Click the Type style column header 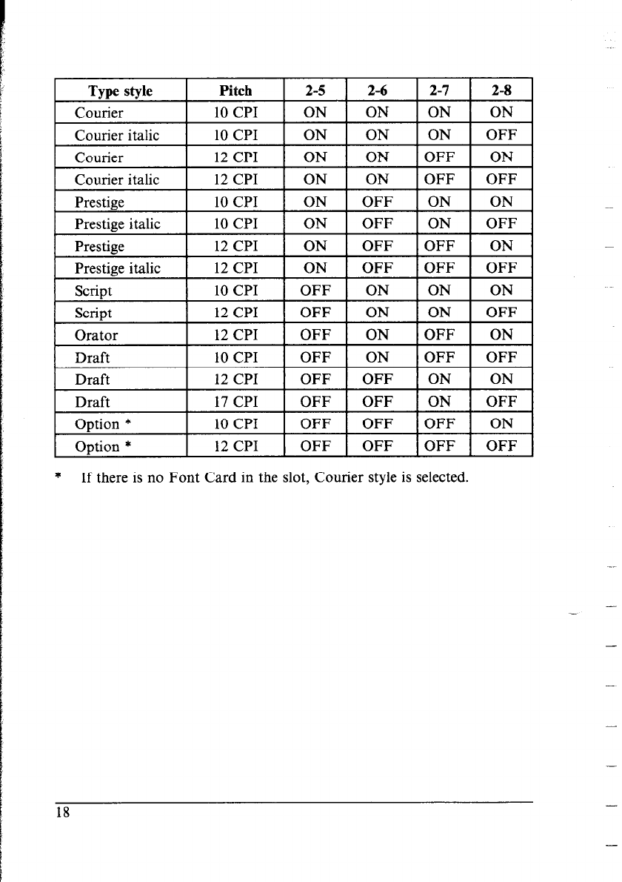click(x=120, y=91)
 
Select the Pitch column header click(x=235, y=91)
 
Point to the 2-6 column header click(x=377, y=91)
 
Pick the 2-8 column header click(x=501, y=91)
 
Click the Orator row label click(x=96, y=335)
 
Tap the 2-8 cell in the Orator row click(x=501, y=335)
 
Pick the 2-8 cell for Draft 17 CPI click(x=501, y=402)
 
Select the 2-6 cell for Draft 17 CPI click(x=377, y=402)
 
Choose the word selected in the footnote click(x=441, y=476)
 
